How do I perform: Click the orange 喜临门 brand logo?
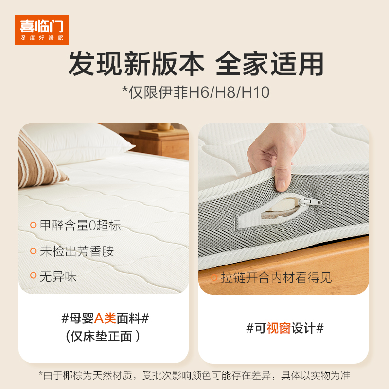(41, 30)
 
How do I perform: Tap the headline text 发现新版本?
(136, 64)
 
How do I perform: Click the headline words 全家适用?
(269, 64)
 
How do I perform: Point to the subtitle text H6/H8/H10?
(229, 92)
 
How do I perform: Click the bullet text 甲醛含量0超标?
(80, 225)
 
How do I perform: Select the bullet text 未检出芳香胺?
(77, 251)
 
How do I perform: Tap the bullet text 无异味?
(58, 276)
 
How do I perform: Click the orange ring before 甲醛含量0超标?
(33, 225)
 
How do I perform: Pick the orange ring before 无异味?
(33, 275)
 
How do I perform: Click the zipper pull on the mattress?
(310, 202)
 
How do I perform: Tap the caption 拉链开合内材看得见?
(276, 277)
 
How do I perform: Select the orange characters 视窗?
(279, 328)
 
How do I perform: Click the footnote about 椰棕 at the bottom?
(194, 375)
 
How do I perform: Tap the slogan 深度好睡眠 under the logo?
(42, 38)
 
